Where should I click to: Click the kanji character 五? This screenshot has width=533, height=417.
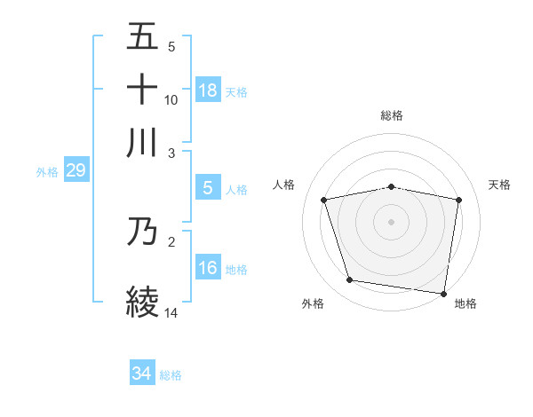point(143,36)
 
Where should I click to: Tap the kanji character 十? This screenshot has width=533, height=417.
point(143,90)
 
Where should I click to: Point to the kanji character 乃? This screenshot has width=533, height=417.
point(143,232)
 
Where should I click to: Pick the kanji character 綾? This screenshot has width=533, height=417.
point(143,300)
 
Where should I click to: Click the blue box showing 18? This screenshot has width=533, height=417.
point(208,90)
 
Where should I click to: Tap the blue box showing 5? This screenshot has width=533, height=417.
point(208,188)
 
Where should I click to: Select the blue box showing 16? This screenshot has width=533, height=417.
point(208,268)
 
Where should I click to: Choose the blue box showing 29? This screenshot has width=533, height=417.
point(76,170)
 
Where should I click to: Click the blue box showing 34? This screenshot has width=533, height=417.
point(142,374)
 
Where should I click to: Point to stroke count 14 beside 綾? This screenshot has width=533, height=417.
point(171,312)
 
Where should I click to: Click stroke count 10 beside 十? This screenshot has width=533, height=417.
point(171,100)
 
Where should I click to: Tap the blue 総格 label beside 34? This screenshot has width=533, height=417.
point(171,375)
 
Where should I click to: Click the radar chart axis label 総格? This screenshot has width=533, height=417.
point(392,115)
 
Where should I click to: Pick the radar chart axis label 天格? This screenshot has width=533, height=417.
point(500,185)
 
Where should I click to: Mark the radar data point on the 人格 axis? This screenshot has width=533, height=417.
point(324,200)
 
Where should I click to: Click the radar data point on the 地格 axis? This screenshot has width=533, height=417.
point(444,293)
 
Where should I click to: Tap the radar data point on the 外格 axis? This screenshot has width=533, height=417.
point(350,280)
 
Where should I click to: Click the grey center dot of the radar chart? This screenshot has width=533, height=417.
point(392,221)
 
